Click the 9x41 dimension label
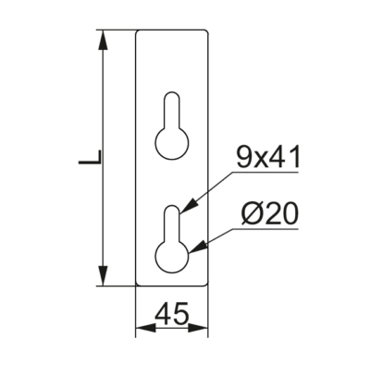(x=267, y=158)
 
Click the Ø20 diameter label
(x=270, y=214)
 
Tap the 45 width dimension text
(x=171, y=314)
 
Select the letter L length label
(x=90, y=157)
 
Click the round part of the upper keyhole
(x=172, y=143)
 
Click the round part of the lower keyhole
(x=172, y=257)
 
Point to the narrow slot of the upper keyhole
(x=172, y=109)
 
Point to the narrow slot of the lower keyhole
(x=172, y=223)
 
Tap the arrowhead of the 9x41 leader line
(x=189, y=206)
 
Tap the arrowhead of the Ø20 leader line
(x=197, y=247)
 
